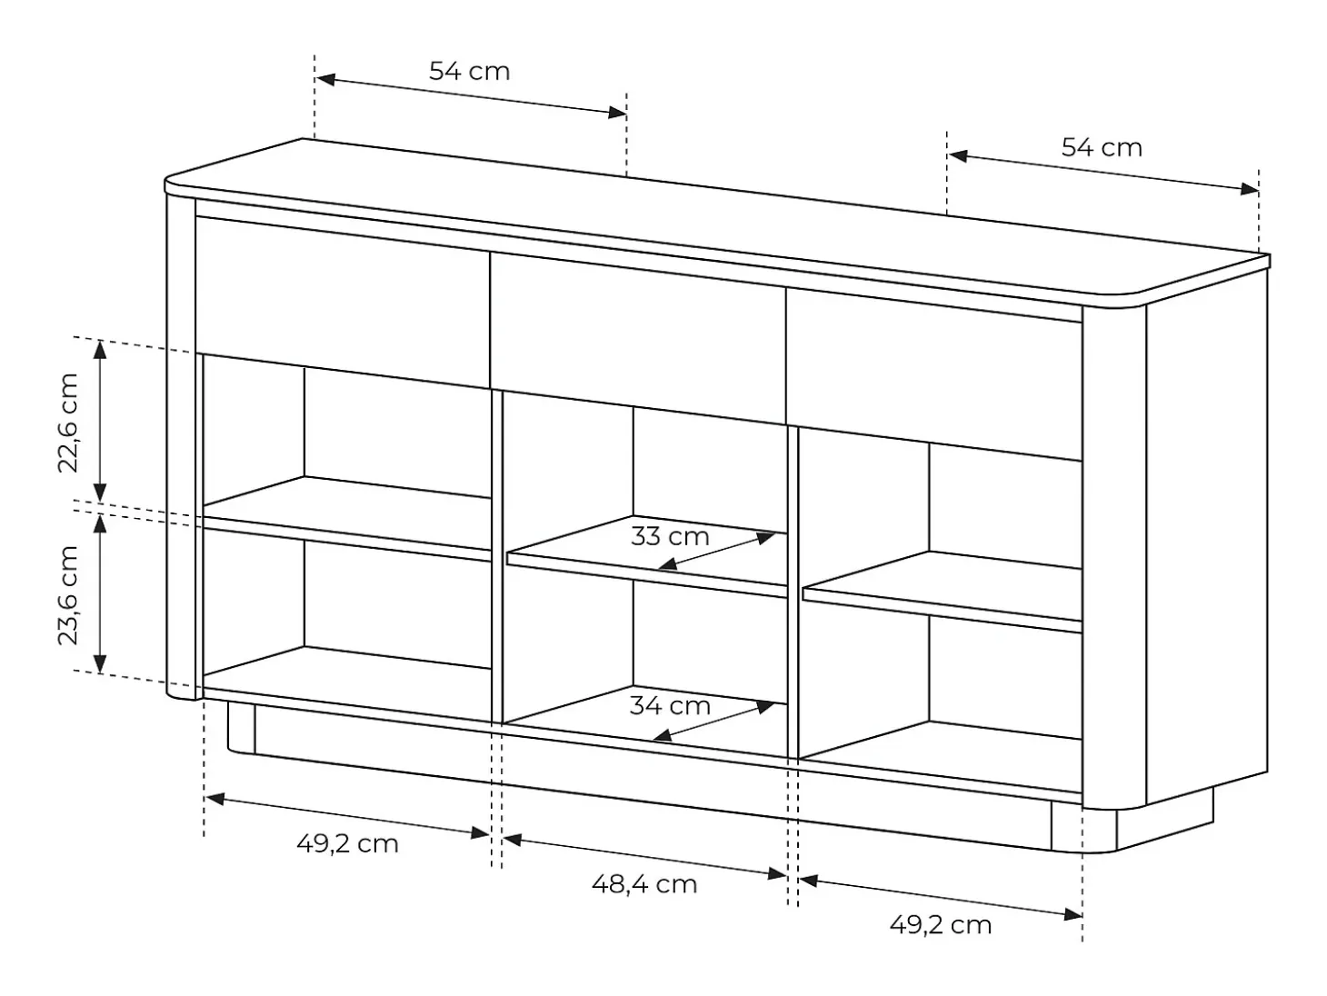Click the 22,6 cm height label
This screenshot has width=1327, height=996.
coord(67,423)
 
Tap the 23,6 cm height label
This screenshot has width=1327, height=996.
coord(67,595)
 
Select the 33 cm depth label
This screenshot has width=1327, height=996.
coord(670,537)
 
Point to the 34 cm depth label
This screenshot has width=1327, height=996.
coord(670,706)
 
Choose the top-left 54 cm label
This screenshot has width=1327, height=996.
coord(470,71)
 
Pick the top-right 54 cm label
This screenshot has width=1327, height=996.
coord(1103,148)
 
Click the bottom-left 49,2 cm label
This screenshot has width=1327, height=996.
coord(347,844)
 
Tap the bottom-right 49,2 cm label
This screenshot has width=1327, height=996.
coord(941,925)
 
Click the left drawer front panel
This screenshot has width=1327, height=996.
coord(343,303)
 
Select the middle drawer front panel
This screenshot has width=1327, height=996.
coord(638,338)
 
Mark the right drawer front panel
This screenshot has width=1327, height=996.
coord(934,374)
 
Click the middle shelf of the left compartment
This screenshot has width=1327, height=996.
coord(347,519)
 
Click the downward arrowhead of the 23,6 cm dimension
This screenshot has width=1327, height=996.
coord(100,663)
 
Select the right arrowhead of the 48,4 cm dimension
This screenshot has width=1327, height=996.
coord(777,874)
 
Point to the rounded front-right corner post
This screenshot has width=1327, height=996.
coord(1114,556)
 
